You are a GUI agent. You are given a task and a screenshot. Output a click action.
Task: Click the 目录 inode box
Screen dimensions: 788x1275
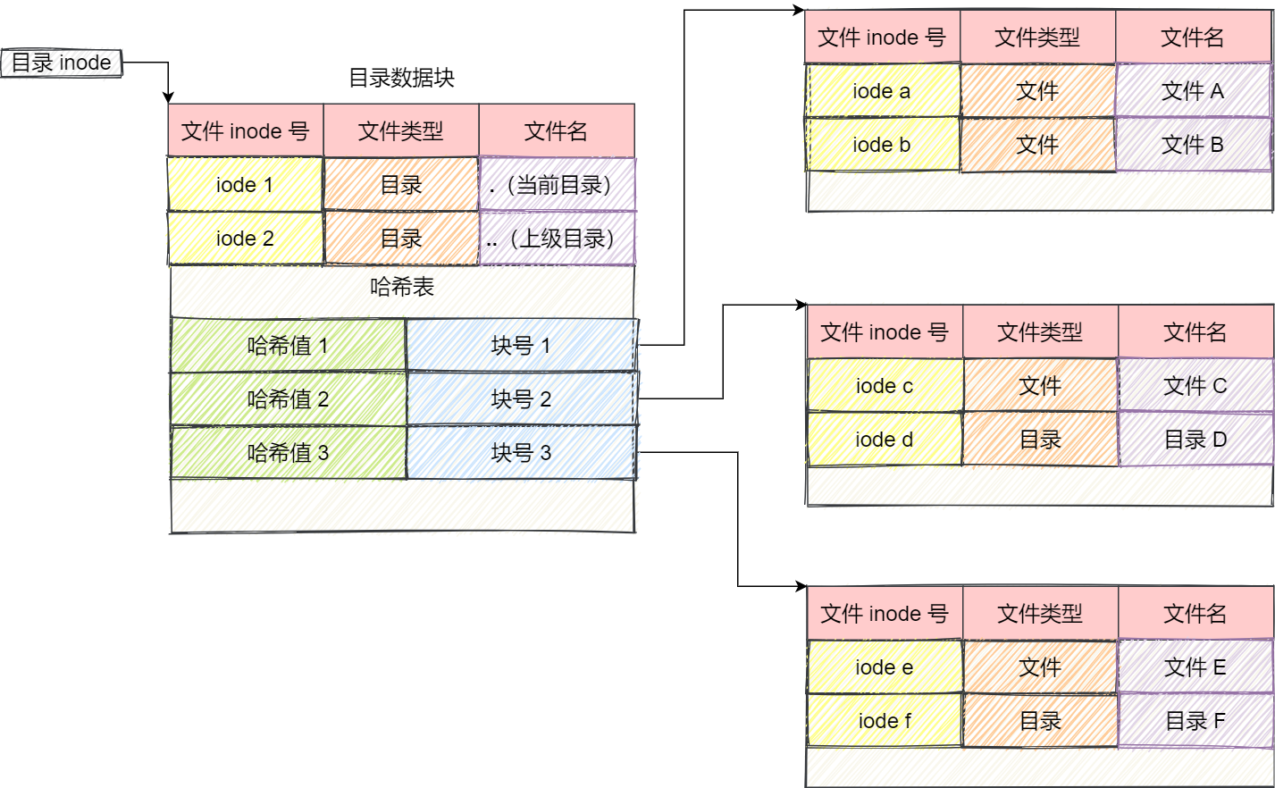pos(61,63)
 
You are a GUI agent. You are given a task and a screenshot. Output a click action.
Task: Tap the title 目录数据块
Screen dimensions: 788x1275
pos(401,78)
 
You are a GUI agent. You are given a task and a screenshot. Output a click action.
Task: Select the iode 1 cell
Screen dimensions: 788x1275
pos(245,185)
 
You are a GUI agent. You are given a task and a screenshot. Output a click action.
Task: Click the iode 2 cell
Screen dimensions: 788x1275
pos(245,239)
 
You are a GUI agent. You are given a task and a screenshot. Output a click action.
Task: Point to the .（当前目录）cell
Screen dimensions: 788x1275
pos(558,185)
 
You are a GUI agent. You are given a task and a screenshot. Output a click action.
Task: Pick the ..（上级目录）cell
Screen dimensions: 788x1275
pos(558,239)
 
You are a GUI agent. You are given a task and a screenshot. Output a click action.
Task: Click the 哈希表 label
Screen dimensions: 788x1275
pos(401,287)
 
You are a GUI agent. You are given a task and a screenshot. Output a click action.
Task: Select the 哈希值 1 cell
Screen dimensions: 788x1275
pos(288,345)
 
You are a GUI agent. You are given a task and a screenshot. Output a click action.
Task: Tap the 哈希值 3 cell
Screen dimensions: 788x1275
pos(288,453)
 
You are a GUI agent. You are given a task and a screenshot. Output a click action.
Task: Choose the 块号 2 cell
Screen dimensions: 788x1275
pos(521,399)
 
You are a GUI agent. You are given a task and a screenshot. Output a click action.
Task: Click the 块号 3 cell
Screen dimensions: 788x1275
pos(521,453)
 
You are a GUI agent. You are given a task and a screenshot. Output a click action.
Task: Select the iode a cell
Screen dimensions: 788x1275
pos(882,91)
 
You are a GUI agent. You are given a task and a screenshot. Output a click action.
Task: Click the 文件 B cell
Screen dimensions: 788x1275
pos(1192,145)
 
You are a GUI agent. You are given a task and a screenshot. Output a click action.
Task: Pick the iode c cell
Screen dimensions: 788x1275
pos(885,386)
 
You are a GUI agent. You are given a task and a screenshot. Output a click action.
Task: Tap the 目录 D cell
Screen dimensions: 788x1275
pos(1195,440)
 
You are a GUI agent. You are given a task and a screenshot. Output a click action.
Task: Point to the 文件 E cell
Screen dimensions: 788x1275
pos(1195,667)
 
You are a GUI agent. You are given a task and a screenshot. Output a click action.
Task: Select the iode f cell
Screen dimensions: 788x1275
pos(885,721)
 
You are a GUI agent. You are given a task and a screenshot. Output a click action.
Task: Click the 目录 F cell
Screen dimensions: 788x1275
pos(1195,721)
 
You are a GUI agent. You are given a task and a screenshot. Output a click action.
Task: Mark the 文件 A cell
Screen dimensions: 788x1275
pos(1192,91)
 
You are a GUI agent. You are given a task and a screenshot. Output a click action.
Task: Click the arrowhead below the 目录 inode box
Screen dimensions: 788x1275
pos(168,97)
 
